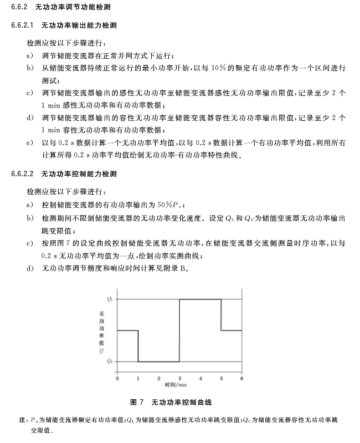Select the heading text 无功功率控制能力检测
(79, 174)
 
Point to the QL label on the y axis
(111, 299)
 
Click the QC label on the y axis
(111, 361)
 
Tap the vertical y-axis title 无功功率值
(101, 330)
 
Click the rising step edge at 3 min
(179, 330)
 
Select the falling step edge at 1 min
(138, 346)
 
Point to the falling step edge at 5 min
(221, 315)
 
